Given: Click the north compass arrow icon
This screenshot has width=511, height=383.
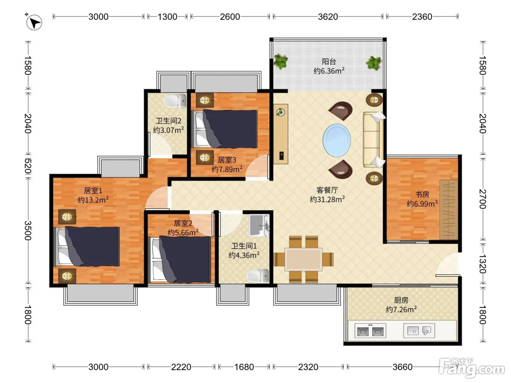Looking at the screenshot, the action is point(34,22).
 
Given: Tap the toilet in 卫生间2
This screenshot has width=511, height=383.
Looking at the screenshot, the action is point(175,101).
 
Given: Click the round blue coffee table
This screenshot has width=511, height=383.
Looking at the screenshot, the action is point(337,140).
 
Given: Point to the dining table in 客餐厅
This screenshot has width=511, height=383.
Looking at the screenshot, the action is point(304,259).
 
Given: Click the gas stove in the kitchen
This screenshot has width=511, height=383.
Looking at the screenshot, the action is point(370,330).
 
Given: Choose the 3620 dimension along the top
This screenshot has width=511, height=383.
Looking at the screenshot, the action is point(328,17).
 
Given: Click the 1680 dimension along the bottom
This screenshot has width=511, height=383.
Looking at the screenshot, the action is point(244,367).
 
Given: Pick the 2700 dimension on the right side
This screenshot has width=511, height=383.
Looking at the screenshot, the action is point(483,199).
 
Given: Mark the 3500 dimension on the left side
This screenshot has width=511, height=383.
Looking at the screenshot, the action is point(28,231).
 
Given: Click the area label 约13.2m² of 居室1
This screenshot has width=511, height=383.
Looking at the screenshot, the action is point(93,200).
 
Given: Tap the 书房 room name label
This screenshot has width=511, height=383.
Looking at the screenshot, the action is point(422,194).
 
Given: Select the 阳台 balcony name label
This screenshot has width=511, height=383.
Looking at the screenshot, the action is point(329,61).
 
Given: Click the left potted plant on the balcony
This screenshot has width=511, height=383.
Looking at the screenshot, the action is point(281,61).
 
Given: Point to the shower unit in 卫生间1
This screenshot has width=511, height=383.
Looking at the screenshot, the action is point(259,225).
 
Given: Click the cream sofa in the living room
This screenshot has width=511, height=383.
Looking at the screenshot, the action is point(373,140).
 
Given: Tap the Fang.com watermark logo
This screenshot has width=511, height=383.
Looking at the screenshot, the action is point(472,368).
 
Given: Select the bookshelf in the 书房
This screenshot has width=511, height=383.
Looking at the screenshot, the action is point(449,210).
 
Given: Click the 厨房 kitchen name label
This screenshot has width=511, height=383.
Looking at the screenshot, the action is point(401,300).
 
